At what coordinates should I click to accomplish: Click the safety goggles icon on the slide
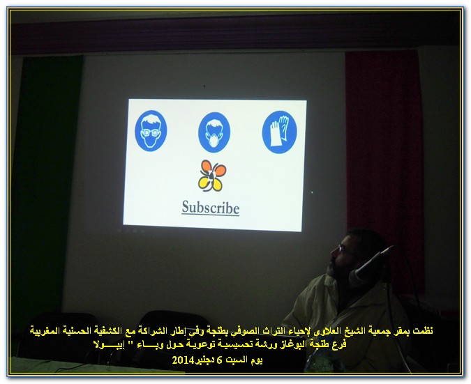(x=151, y=131)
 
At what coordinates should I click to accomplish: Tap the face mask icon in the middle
(x=214, y=132)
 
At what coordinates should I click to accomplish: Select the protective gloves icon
(x=279, y=132)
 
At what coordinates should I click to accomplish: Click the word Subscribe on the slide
(x=211, y=208)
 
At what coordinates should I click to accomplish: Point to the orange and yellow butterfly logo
(x=212, y=176)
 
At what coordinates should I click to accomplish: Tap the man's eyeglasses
(x=345, y=251)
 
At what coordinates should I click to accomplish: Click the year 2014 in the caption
(x=183, y=360)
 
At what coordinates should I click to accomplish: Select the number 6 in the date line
(x=220, y=360)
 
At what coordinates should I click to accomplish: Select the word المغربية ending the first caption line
(x=44, y=331)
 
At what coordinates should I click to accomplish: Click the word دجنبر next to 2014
(x=204, y=360)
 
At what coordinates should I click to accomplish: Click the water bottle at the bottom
(x=319, y=362)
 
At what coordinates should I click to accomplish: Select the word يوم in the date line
(x=257, y=360)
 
